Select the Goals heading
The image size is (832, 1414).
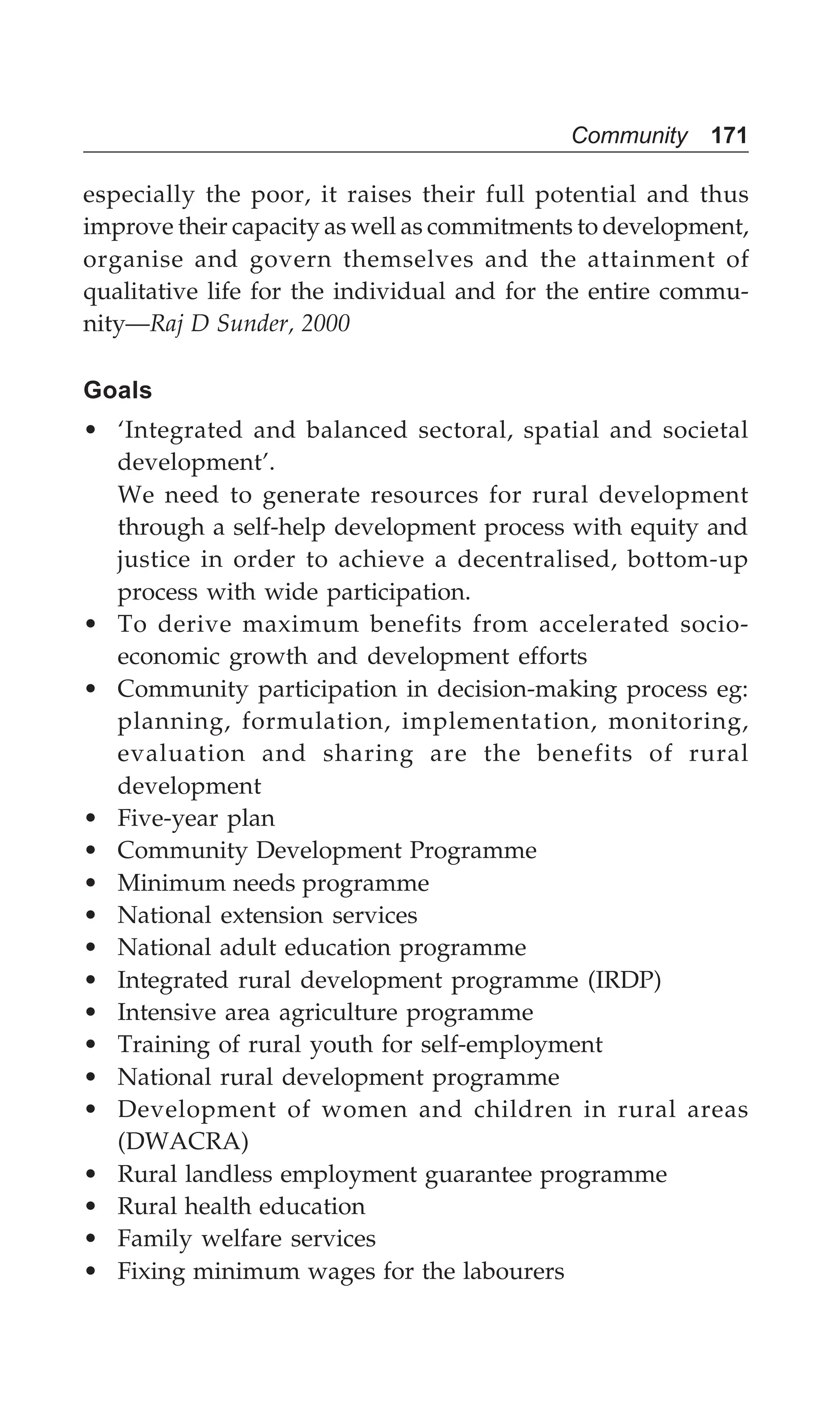[117, 391]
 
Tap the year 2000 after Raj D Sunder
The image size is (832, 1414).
[326, 323]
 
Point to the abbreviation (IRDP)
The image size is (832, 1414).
[624, 980]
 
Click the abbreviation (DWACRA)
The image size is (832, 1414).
[183, 1142]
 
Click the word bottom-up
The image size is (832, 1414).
[687, 560]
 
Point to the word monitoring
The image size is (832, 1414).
[678, 722]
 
